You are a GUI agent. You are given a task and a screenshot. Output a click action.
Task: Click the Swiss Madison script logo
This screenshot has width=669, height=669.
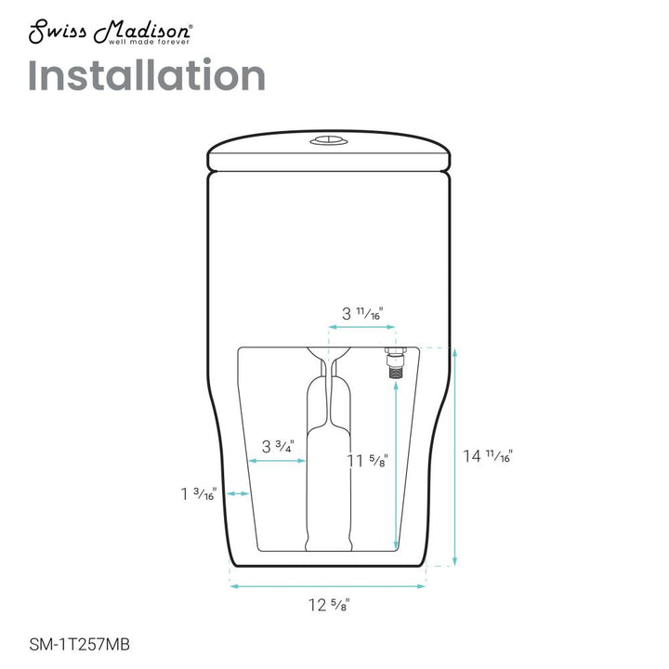coord(110,32)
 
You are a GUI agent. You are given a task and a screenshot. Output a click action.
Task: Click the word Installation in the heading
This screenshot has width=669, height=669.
coord(147,75)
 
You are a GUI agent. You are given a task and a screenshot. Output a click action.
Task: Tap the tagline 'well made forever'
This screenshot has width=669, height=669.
coord(149,42)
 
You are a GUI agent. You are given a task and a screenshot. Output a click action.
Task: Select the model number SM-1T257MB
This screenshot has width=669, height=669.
coord(79,644)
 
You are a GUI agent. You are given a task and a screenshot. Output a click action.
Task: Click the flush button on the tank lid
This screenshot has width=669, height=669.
coord(329,140)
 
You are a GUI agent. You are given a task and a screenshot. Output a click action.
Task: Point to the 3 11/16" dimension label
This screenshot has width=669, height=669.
coord(362,314)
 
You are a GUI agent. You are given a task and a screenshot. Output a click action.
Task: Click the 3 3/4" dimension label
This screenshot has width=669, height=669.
coord(278,446)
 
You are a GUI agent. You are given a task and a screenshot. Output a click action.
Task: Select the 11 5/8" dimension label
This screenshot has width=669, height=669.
coord(367,460)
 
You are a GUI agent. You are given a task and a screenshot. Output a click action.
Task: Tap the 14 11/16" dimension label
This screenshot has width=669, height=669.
coord(488,456)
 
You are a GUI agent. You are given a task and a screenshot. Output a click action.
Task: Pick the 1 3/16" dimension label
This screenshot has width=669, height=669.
coord(199,493)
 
